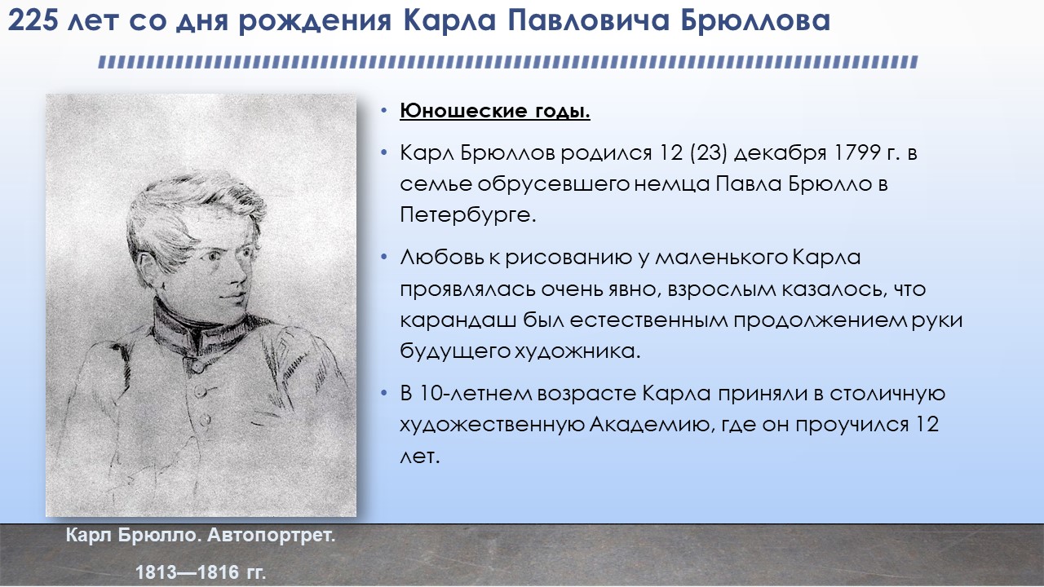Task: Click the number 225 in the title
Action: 33,21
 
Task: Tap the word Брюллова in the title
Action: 755,21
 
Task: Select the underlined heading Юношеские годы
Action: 495,112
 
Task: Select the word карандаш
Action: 458,321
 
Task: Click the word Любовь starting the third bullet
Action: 442,257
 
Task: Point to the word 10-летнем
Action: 476,393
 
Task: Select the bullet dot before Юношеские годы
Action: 383,111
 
